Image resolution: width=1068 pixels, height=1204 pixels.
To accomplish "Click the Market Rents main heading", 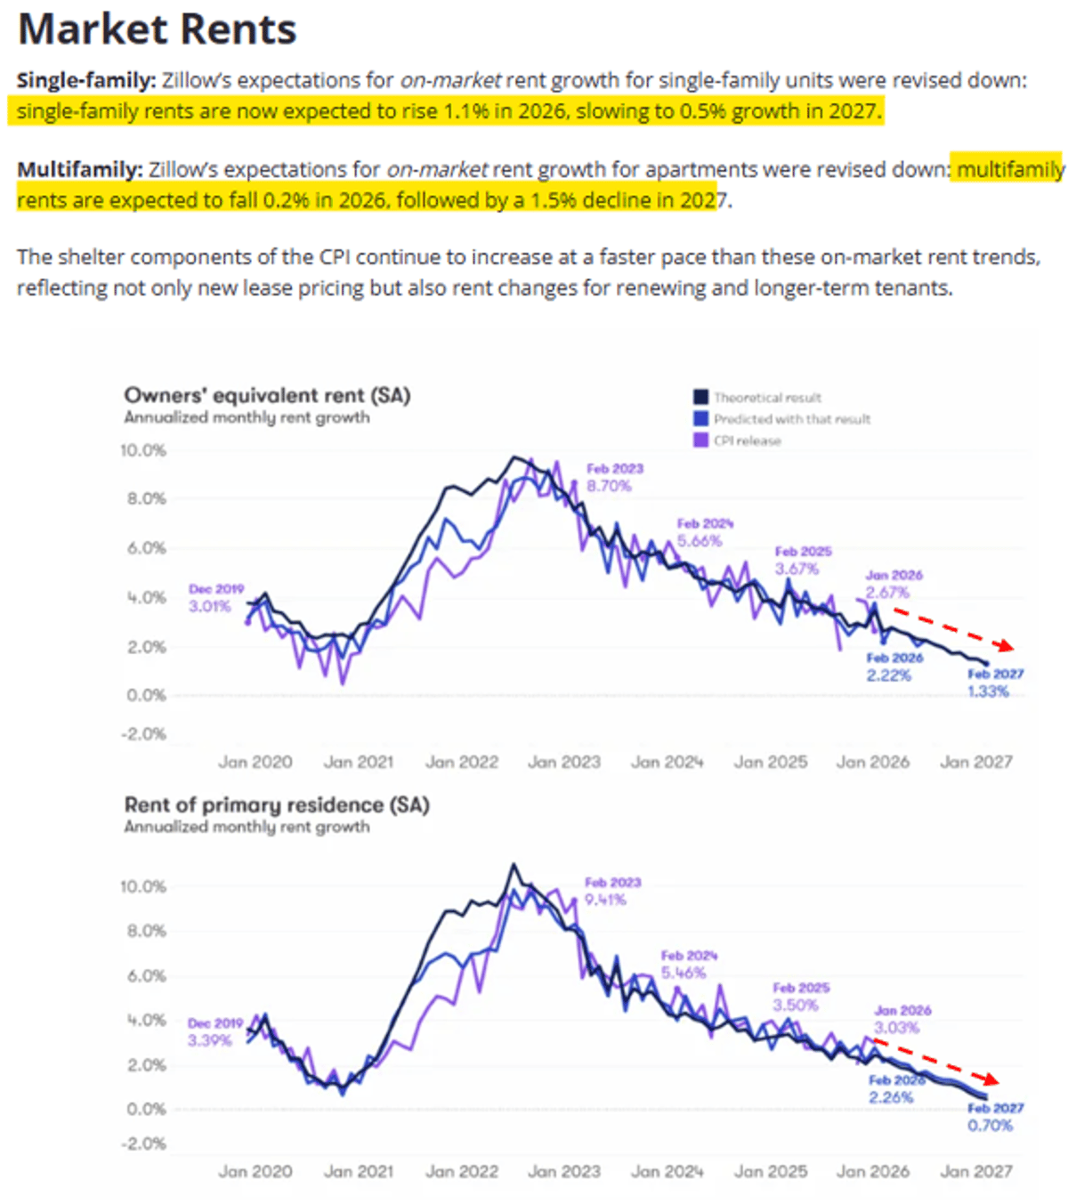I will tap(158, 29).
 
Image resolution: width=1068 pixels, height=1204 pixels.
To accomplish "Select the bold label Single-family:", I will tap(85, 80).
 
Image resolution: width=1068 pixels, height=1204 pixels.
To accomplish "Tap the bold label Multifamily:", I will tap(79, 169).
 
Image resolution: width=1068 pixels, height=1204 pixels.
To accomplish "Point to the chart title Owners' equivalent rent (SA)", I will tap(267, 395).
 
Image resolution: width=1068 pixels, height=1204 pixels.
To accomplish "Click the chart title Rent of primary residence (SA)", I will tap(277, 805).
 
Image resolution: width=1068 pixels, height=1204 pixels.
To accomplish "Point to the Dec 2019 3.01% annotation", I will tap(214, 598).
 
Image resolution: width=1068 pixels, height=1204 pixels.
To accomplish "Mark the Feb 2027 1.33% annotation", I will tap(993, 683).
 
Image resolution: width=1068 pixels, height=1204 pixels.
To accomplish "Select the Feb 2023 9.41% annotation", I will tap(611, 891).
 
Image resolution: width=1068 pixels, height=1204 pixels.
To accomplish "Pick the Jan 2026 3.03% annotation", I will tap(901, 1019).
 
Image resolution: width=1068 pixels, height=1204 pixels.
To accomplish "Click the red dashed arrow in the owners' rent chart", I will tap(952, 628).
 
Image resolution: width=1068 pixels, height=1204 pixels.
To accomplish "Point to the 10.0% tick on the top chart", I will tap(143, 450).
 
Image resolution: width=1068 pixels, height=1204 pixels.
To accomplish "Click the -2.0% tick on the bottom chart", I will tap(143, 1143).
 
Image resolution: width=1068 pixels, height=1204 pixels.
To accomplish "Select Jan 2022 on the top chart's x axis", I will tap(461, 763).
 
